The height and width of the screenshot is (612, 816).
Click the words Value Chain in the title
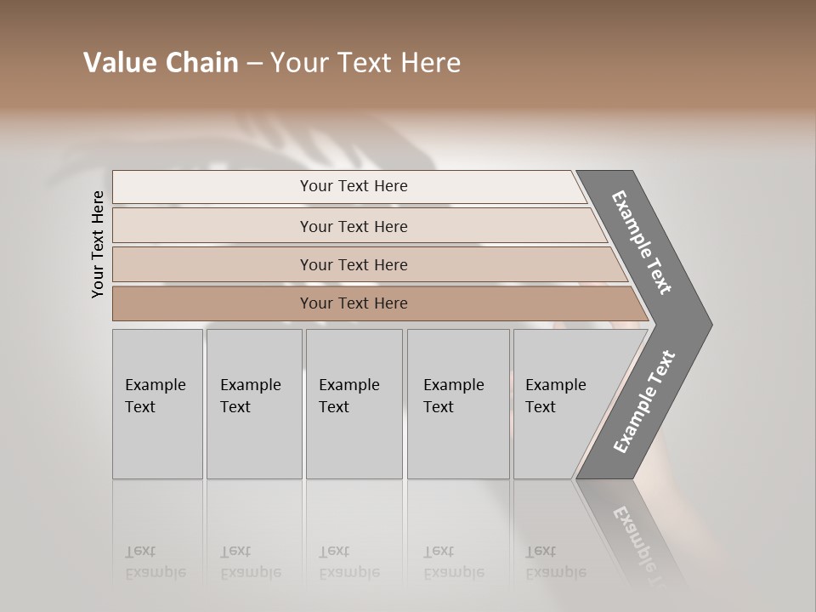pyautogui.click(x=161, y=63)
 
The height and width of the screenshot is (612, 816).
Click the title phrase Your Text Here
pyautogui.click(x=365, y=63)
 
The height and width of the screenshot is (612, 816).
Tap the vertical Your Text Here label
pyautogui.click(x=98, y=244)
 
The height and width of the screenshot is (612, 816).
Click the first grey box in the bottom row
pyautogui.click(x=157, y=404)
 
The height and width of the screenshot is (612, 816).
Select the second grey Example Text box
pyautogui.click(x=254, y=404)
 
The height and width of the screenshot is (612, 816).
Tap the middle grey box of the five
pyautogui.click(x=354, y=404)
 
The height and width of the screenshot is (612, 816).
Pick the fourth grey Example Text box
pyautogui.click(x=458, y=404)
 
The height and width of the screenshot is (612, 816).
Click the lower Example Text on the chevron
pyautogui.click(x=643, y=402)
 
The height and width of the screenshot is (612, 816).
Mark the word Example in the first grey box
pyautogui.click(x=155, y=385)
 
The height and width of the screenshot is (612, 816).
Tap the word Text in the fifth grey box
pyautogui.click(x=541, y=407)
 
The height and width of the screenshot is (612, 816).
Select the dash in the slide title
pyautogui.click(x=254, y=64)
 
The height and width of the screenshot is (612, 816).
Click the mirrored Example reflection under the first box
pyautogui.click(x=155, y=573)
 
